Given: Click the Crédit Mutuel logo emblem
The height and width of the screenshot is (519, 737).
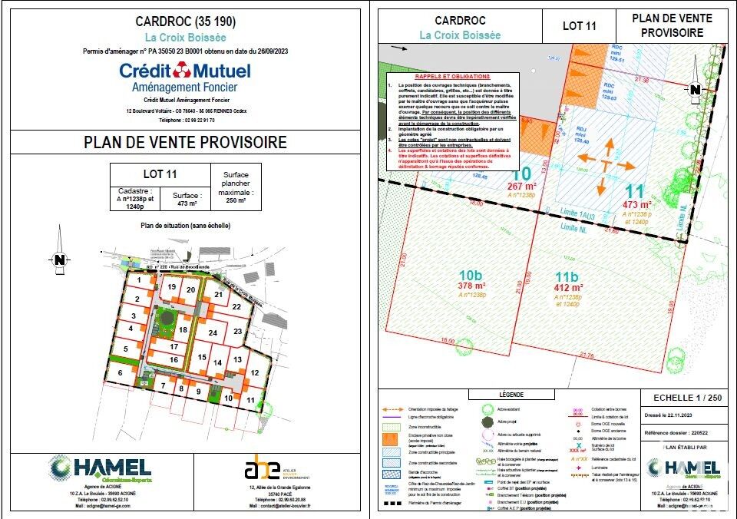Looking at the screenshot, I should [183, 71].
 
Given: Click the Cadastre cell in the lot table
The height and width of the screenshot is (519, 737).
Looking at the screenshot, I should [134, 198].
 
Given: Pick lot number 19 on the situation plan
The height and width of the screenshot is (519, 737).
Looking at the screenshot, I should [172, 287].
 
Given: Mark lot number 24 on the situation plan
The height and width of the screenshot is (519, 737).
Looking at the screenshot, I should [213, 332].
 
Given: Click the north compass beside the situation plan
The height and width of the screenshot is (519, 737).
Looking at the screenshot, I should [58, 259].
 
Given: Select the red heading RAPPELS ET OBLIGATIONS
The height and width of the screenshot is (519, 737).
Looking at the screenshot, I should [452, 78].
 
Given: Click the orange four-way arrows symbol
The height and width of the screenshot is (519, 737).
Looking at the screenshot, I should [605, 160].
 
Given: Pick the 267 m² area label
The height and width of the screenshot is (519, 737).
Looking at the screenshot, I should [521, 186].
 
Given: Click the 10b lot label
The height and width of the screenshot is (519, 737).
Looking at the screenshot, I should [470, 276].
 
